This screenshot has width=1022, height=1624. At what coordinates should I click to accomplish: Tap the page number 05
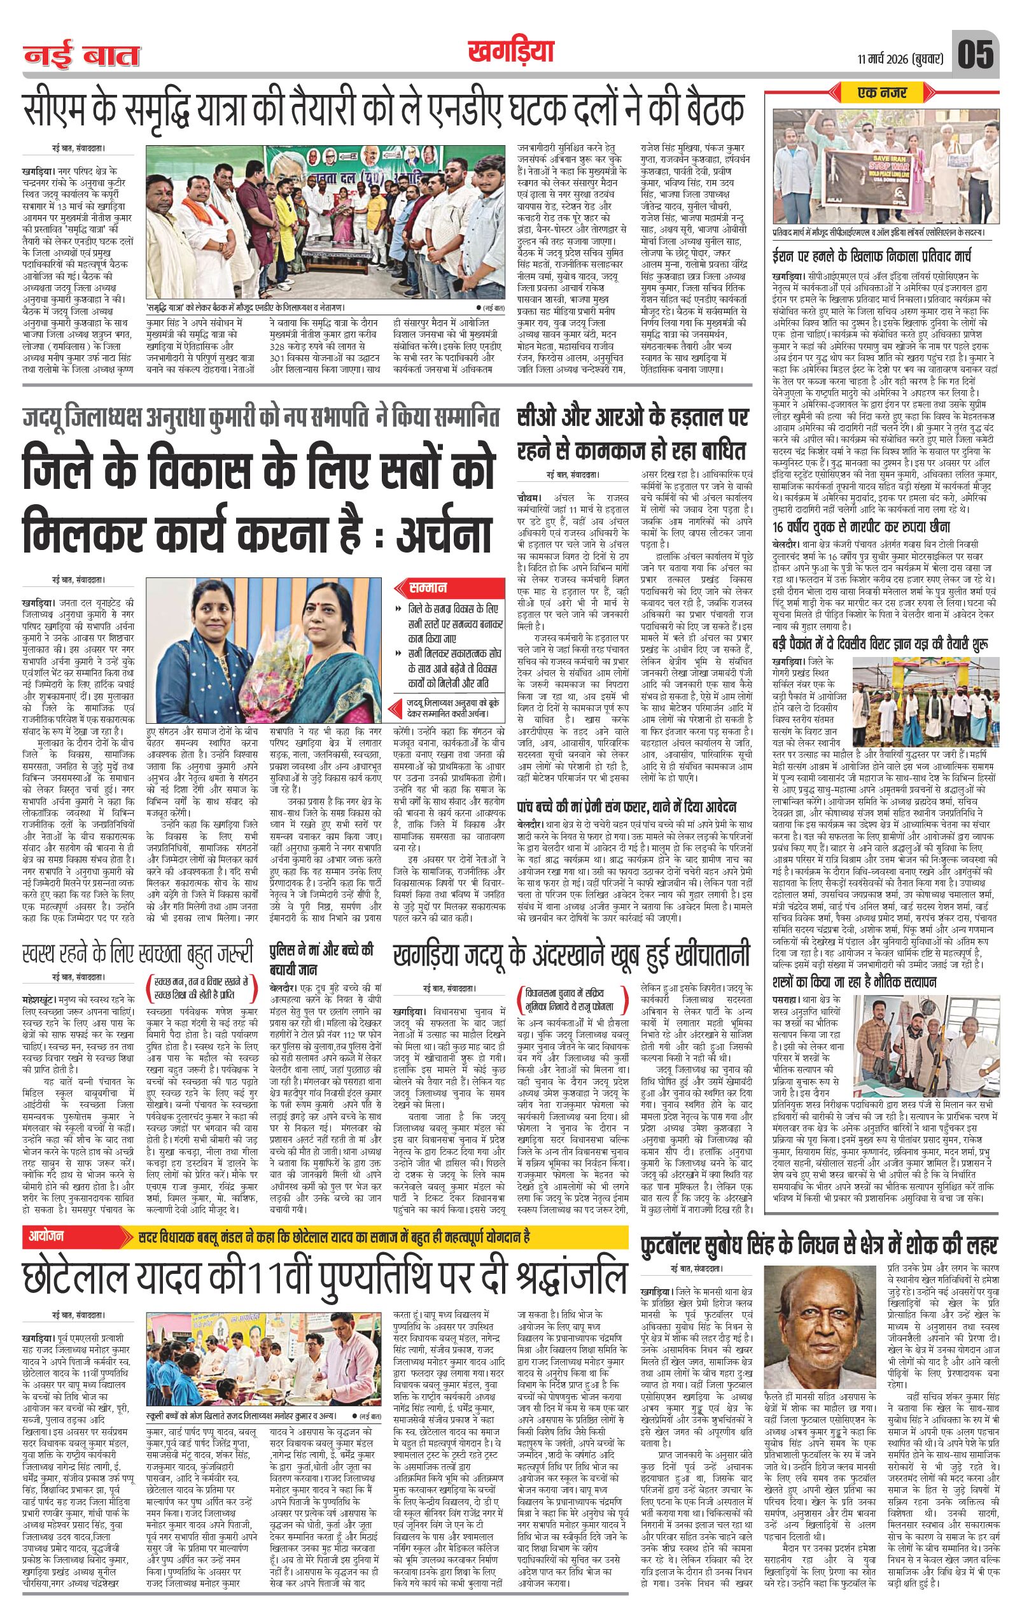pyautogui.click(x=975, y=54)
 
